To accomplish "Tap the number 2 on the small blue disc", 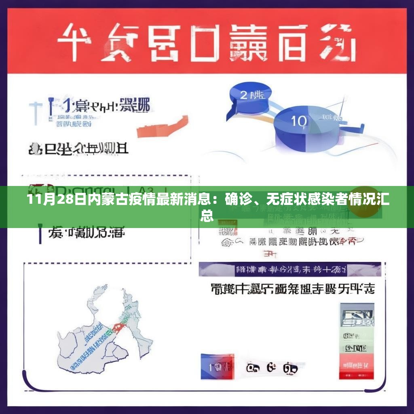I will coord(244,95).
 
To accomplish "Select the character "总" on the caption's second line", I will coord(207,215).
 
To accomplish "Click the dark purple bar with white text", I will coord(289,269).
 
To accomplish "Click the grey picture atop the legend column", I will coord(356,316).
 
